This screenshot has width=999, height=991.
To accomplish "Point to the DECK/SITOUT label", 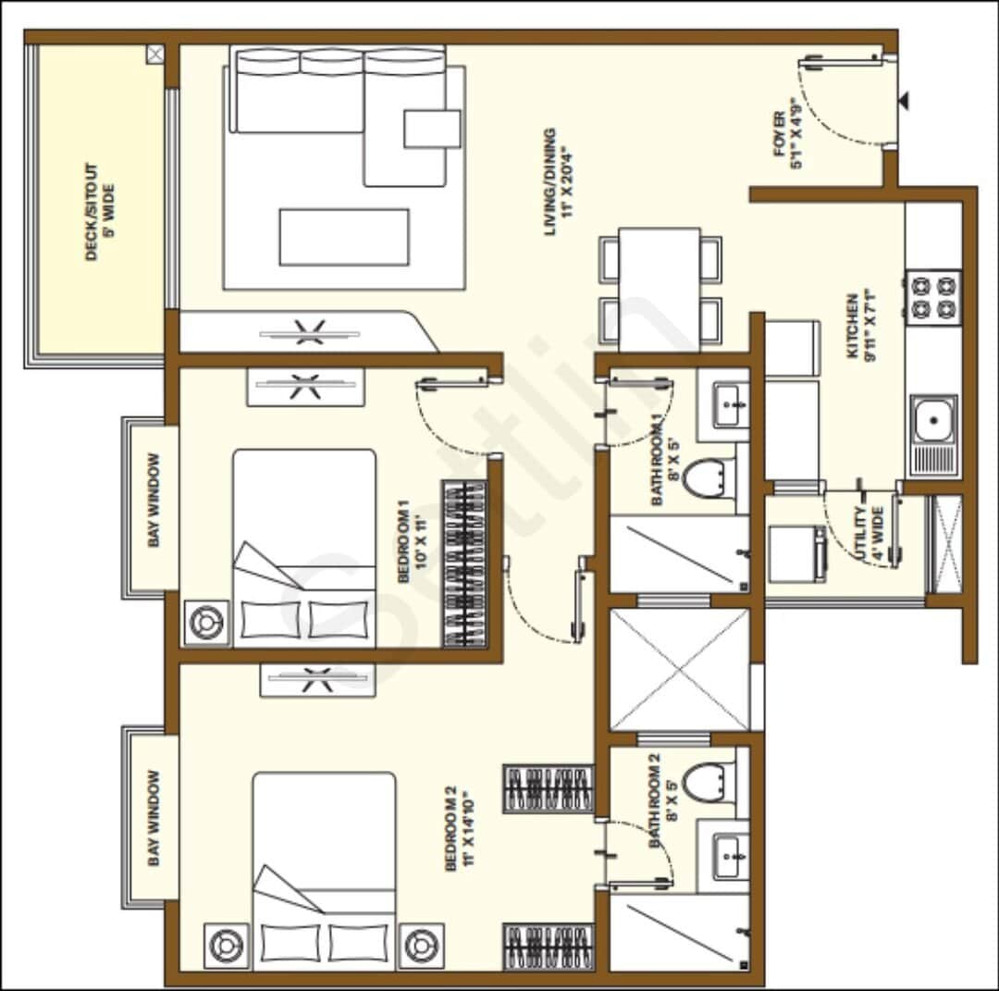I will (99, 213).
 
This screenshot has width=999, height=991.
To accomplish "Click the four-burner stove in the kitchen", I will (933, 295).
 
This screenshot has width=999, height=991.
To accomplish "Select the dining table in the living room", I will (660, 288).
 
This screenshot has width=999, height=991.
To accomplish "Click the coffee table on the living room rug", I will (344, 237).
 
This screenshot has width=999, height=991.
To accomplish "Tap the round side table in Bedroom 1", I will (206, 622).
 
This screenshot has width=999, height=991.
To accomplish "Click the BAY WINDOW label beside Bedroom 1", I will (154, 500).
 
